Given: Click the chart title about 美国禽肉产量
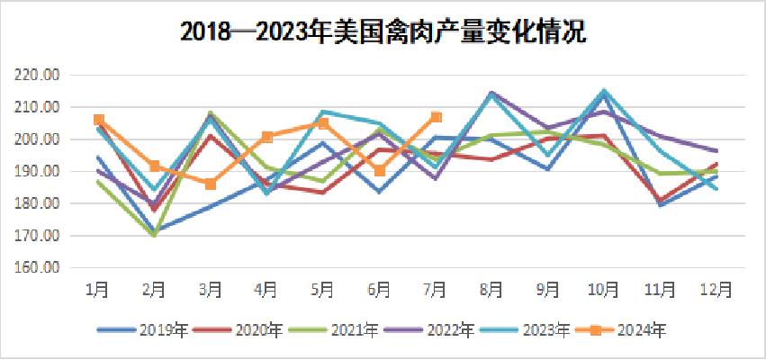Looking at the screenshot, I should pos(383,32).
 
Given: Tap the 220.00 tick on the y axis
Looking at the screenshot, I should pos(36,75).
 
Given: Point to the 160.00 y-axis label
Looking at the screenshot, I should pos(36,268).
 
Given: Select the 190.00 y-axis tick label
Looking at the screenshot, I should pos(36,171).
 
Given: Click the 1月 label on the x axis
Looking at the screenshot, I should pos(97,289).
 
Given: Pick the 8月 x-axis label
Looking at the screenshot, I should pos(491,289).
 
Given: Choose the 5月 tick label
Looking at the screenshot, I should pos(323,289).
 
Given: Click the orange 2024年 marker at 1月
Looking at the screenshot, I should pos(99,120).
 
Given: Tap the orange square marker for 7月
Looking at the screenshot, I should pos(437,116).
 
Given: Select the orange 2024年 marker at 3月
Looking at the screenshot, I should pos(211,184).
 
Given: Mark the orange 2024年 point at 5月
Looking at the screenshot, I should pos(323,123).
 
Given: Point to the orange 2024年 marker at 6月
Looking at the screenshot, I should pos(380,171).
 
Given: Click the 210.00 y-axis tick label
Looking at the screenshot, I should pos(36,107).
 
